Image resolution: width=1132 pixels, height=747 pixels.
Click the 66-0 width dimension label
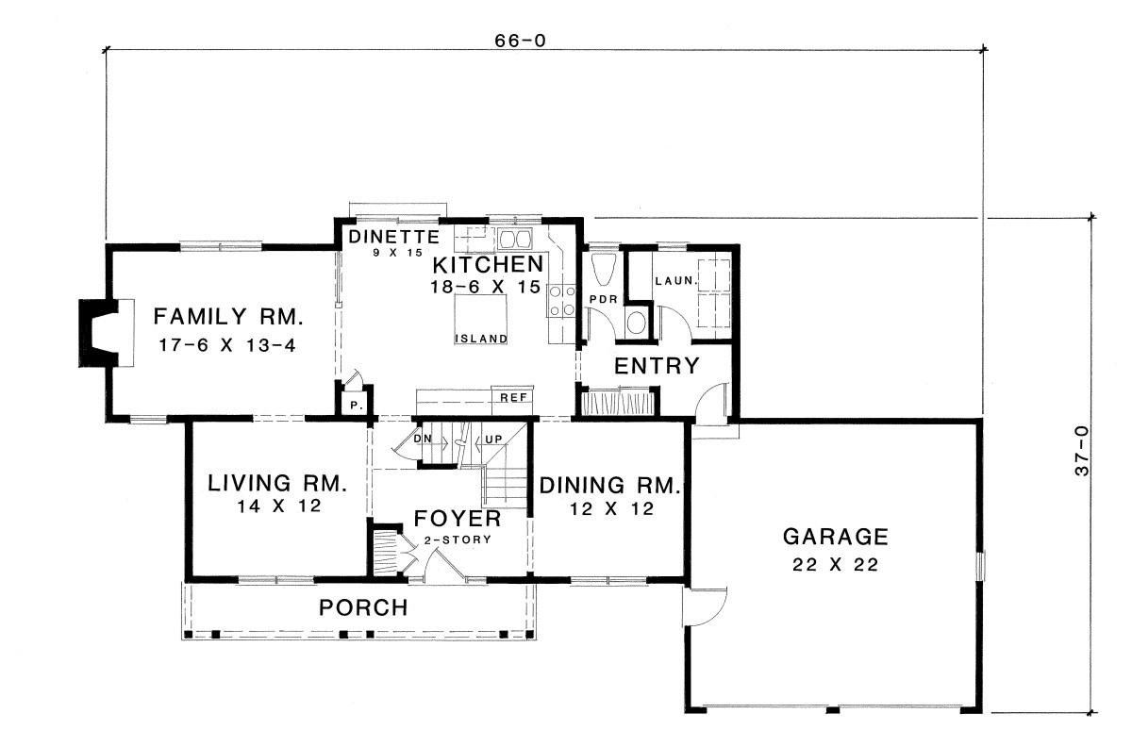coord(521,41)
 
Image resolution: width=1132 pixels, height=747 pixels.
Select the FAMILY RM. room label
coord(228,317)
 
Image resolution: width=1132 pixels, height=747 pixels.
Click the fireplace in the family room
coord(106,333)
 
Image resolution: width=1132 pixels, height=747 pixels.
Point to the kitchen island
coord(480,319)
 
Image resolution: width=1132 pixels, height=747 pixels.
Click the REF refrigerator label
coord(513,398)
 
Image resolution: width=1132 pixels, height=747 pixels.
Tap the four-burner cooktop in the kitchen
coord(562,300)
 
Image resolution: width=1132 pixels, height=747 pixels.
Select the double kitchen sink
coord(515,238)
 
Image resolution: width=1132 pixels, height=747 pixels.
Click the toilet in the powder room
coord(604,269)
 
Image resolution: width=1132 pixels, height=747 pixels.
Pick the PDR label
coord(604,299)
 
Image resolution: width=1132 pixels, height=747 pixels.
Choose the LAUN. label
coord(676,280)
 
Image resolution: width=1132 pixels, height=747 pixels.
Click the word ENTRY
coord(657,366)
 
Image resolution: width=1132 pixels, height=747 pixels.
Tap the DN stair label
coord(423,439)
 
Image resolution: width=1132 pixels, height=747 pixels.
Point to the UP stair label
coord(493,440)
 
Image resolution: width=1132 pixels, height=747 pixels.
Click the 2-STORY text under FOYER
coord(458,539)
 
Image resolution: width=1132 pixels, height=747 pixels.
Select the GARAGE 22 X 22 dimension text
coord(836,564)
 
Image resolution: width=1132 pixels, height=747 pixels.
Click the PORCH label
coord(363,607)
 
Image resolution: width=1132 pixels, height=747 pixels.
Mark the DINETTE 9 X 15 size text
coord(398,252)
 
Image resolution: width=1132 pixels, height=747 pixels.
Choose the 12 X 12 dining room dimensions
coord(612,508)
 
